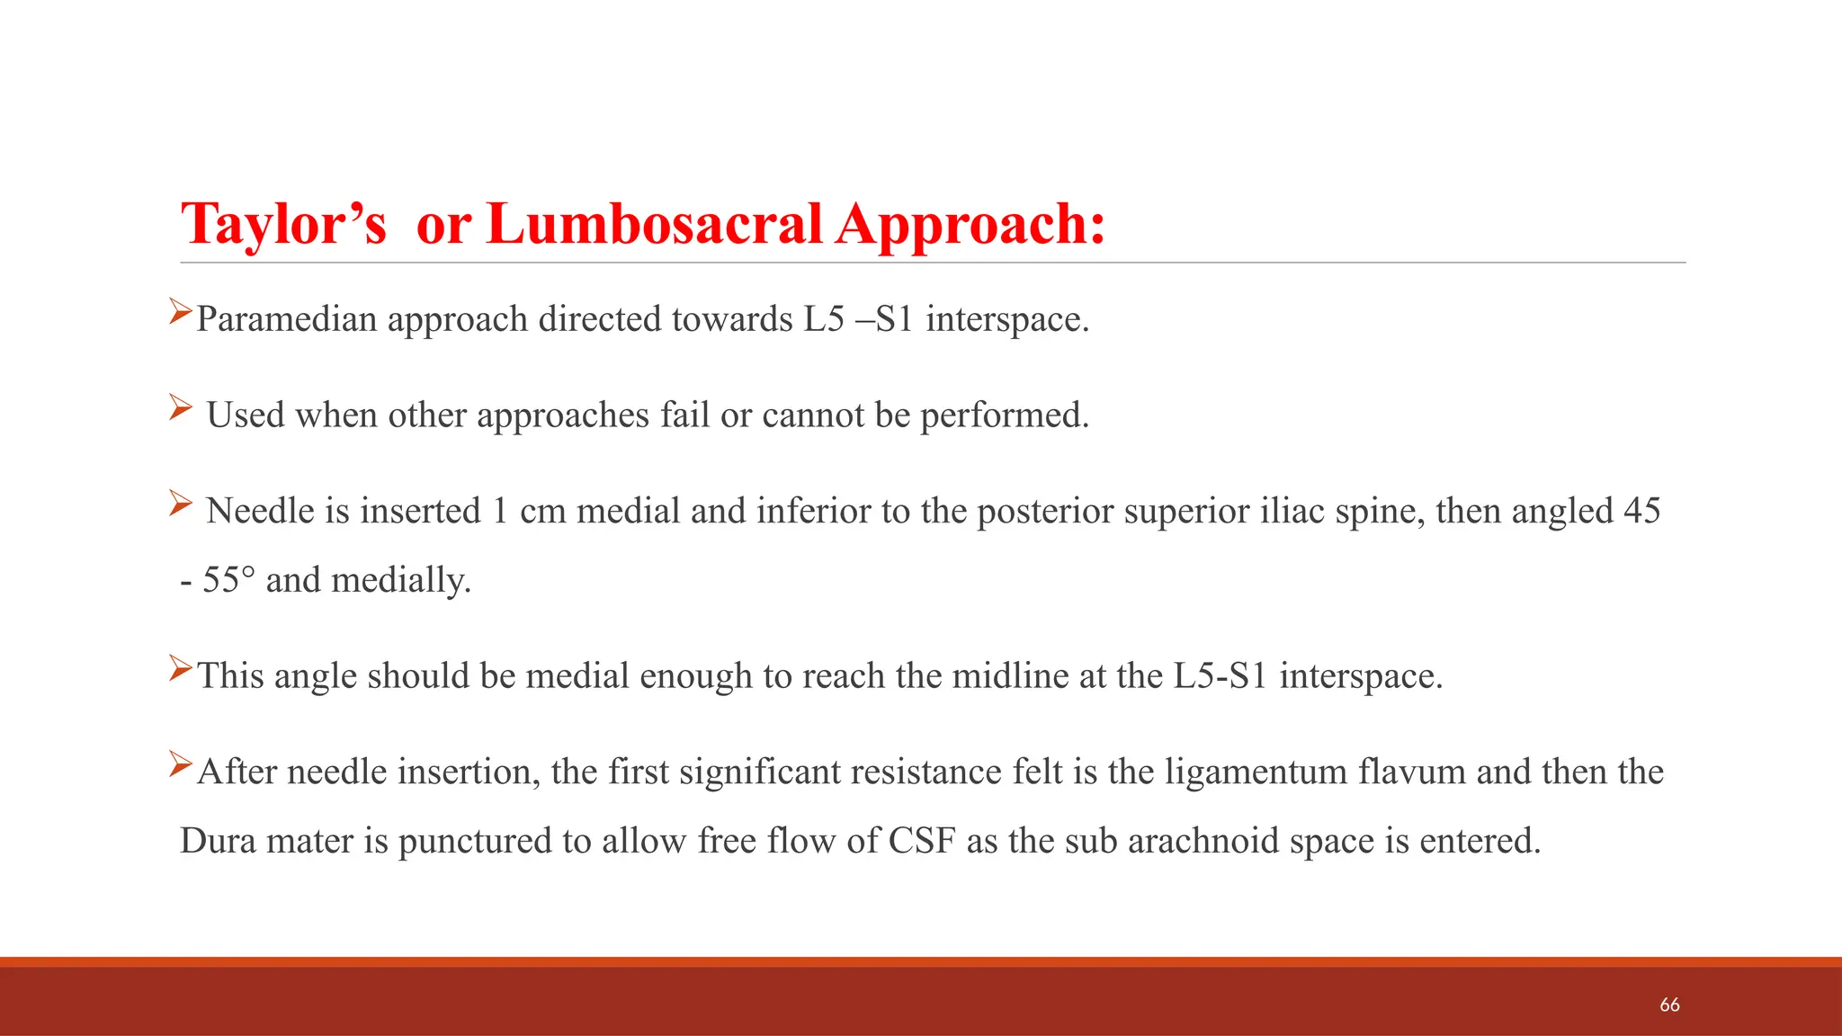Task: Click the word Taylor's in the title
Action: click(283, 225)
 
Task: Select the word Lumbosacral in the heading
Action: click(654, 223)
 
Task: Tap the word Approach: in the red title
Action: click(970, 225)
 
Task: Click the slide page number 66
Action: click(1669, 1005)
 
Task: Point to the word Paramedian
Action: click(286, 320)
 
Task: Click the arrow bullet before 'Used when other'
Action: click(180, 409)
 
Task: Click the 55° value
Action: click(228, 580)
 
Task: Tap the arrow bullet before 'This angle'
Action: click(180, 668)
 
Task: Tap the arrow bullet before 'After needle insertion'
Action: click(180, 764)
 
